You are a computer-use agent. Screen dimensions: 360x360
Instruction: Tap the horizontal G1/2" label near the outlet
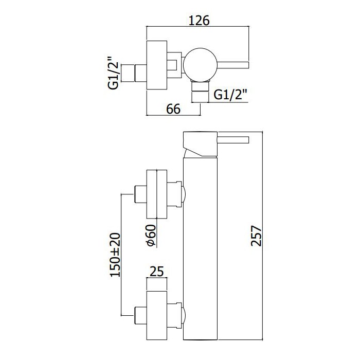(230, 94)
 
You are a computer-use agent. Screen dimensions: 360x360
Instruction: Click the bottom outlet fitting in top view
(199, 93)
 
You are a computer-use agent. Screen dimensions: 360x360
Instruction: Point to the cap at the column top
(200, 145)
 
